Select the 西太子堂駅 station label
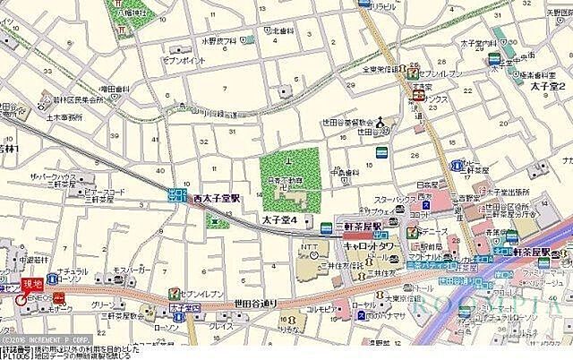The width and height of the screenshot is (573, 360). pyautogui.click(x=218, y=199)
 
